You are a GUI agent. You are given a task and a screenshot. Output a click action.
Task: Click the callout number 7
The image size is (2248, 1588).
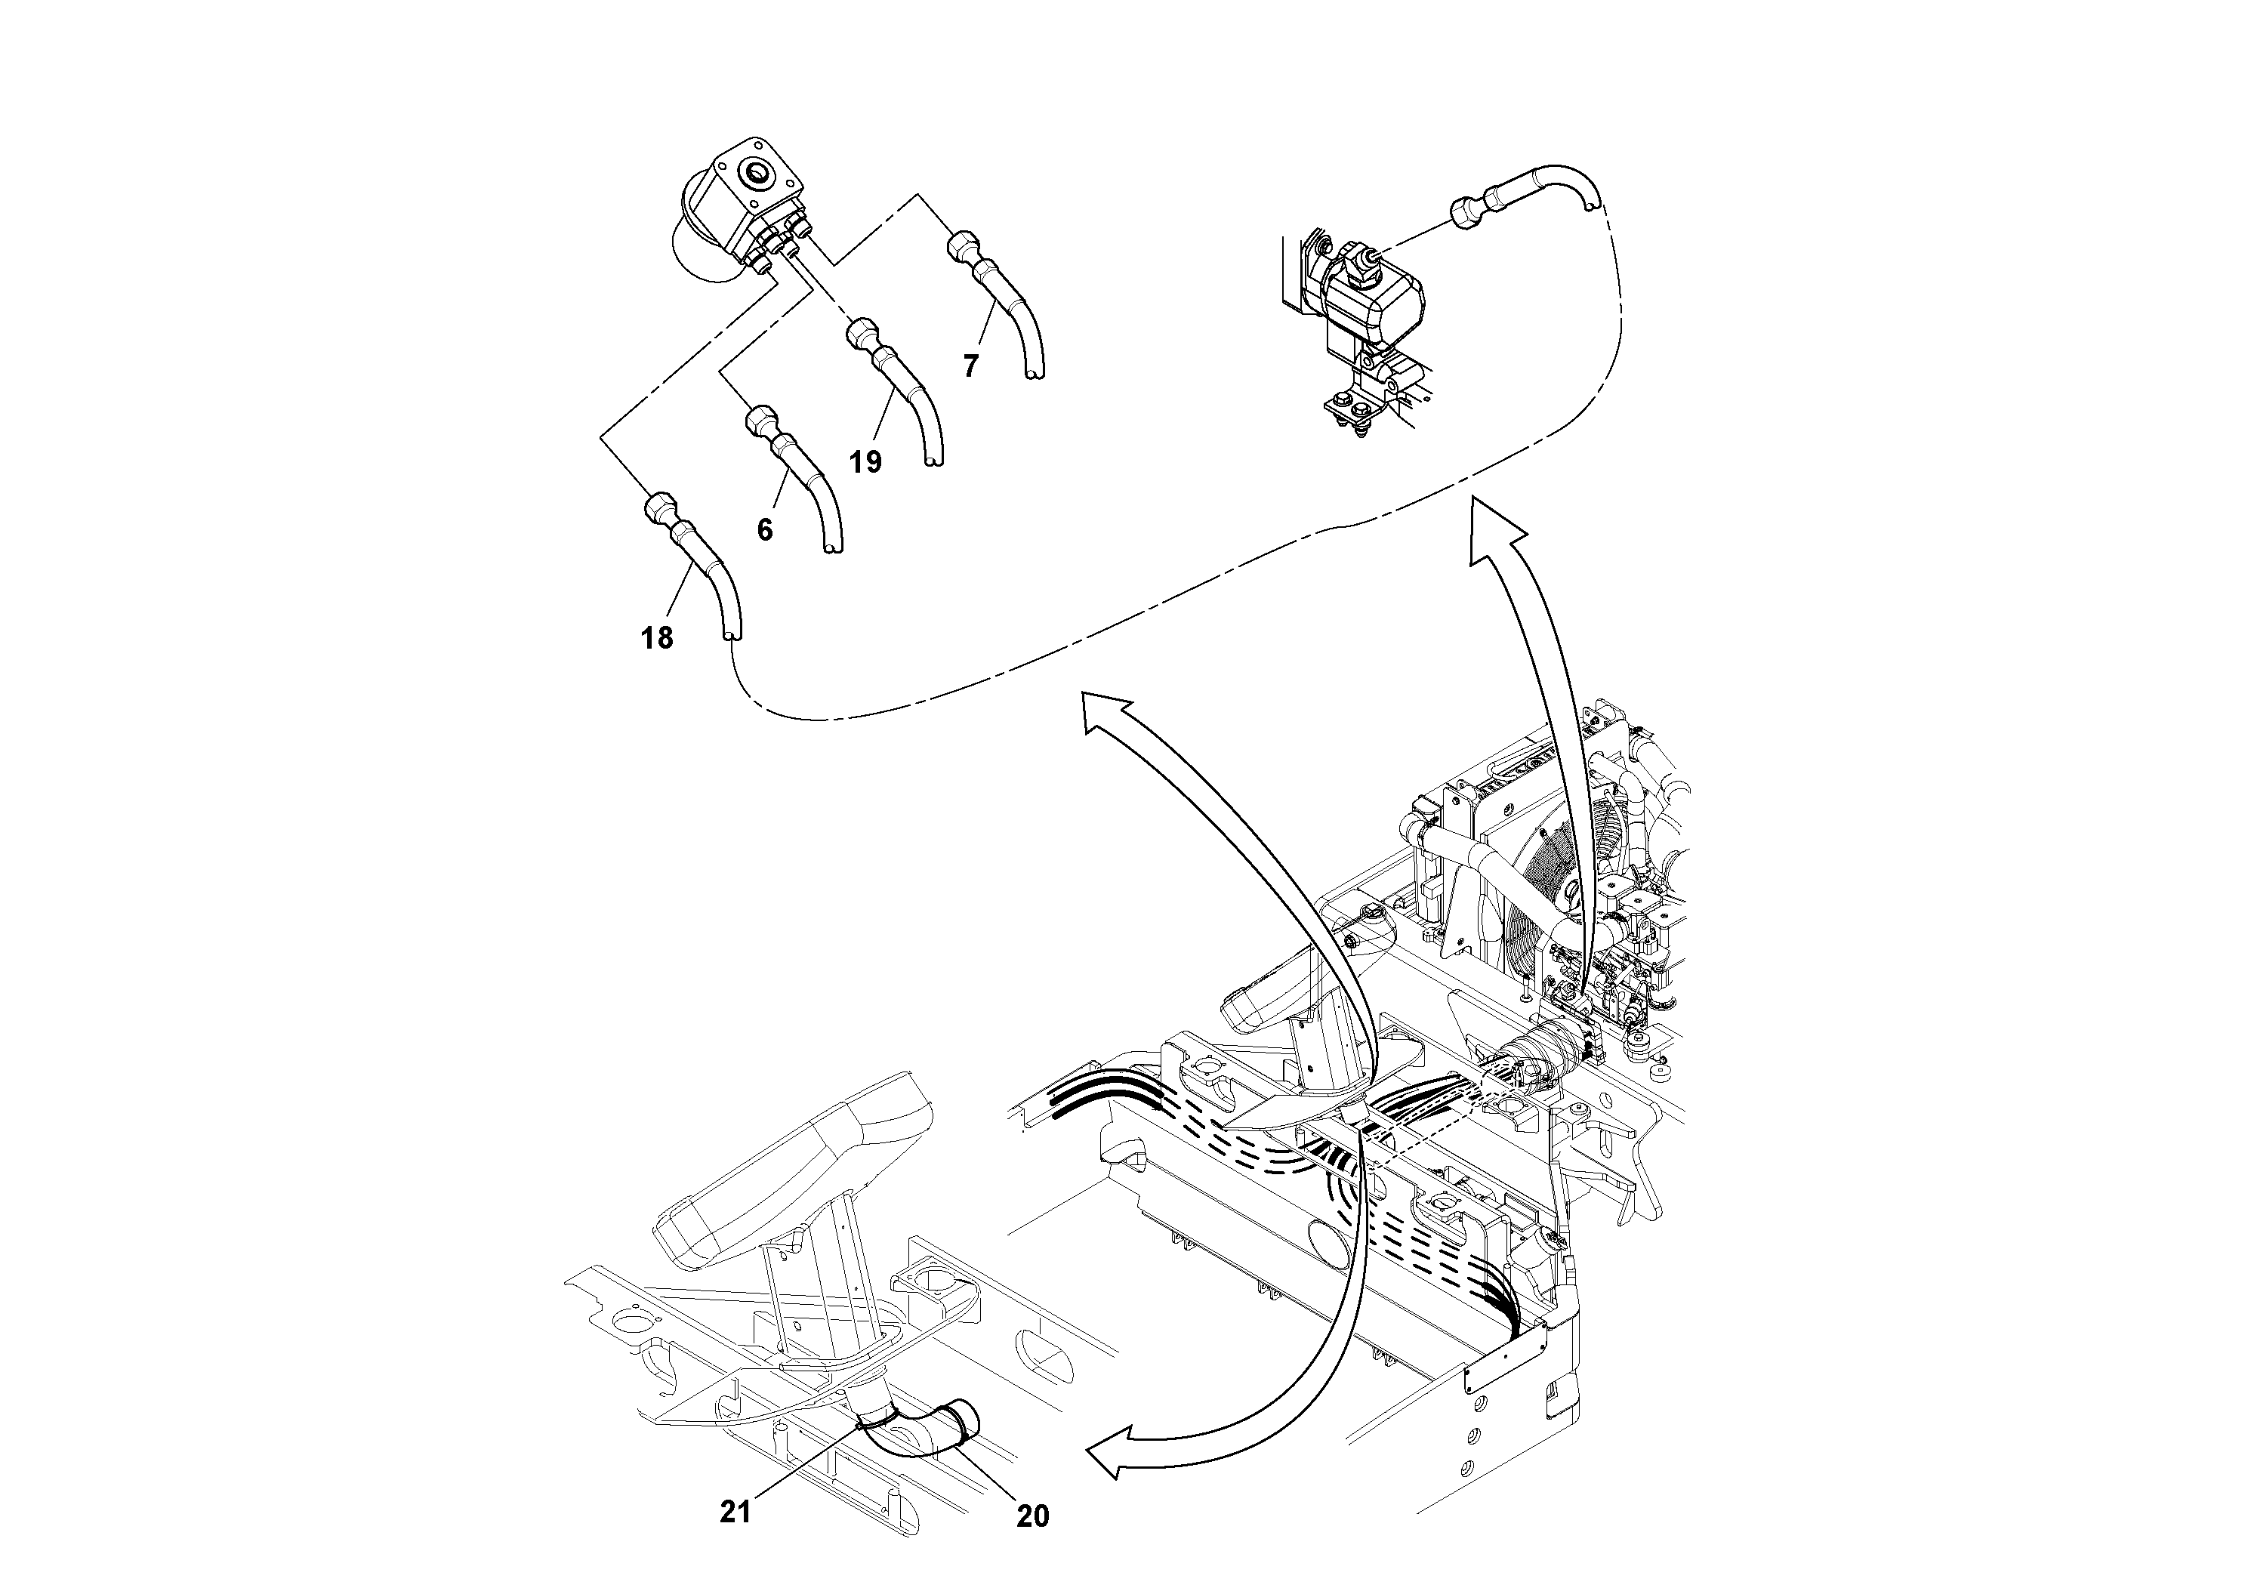point(970,366)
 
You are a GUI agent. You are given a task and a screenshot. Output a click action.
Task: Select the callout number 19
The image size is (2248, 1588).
point(865,461)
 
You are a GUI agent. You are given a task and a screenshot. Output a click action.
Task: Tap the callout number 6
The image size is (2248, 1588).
point(765,529)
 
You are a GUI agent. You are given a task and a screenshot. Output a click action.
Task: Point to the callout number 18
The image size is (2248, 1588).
point(657,638)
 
